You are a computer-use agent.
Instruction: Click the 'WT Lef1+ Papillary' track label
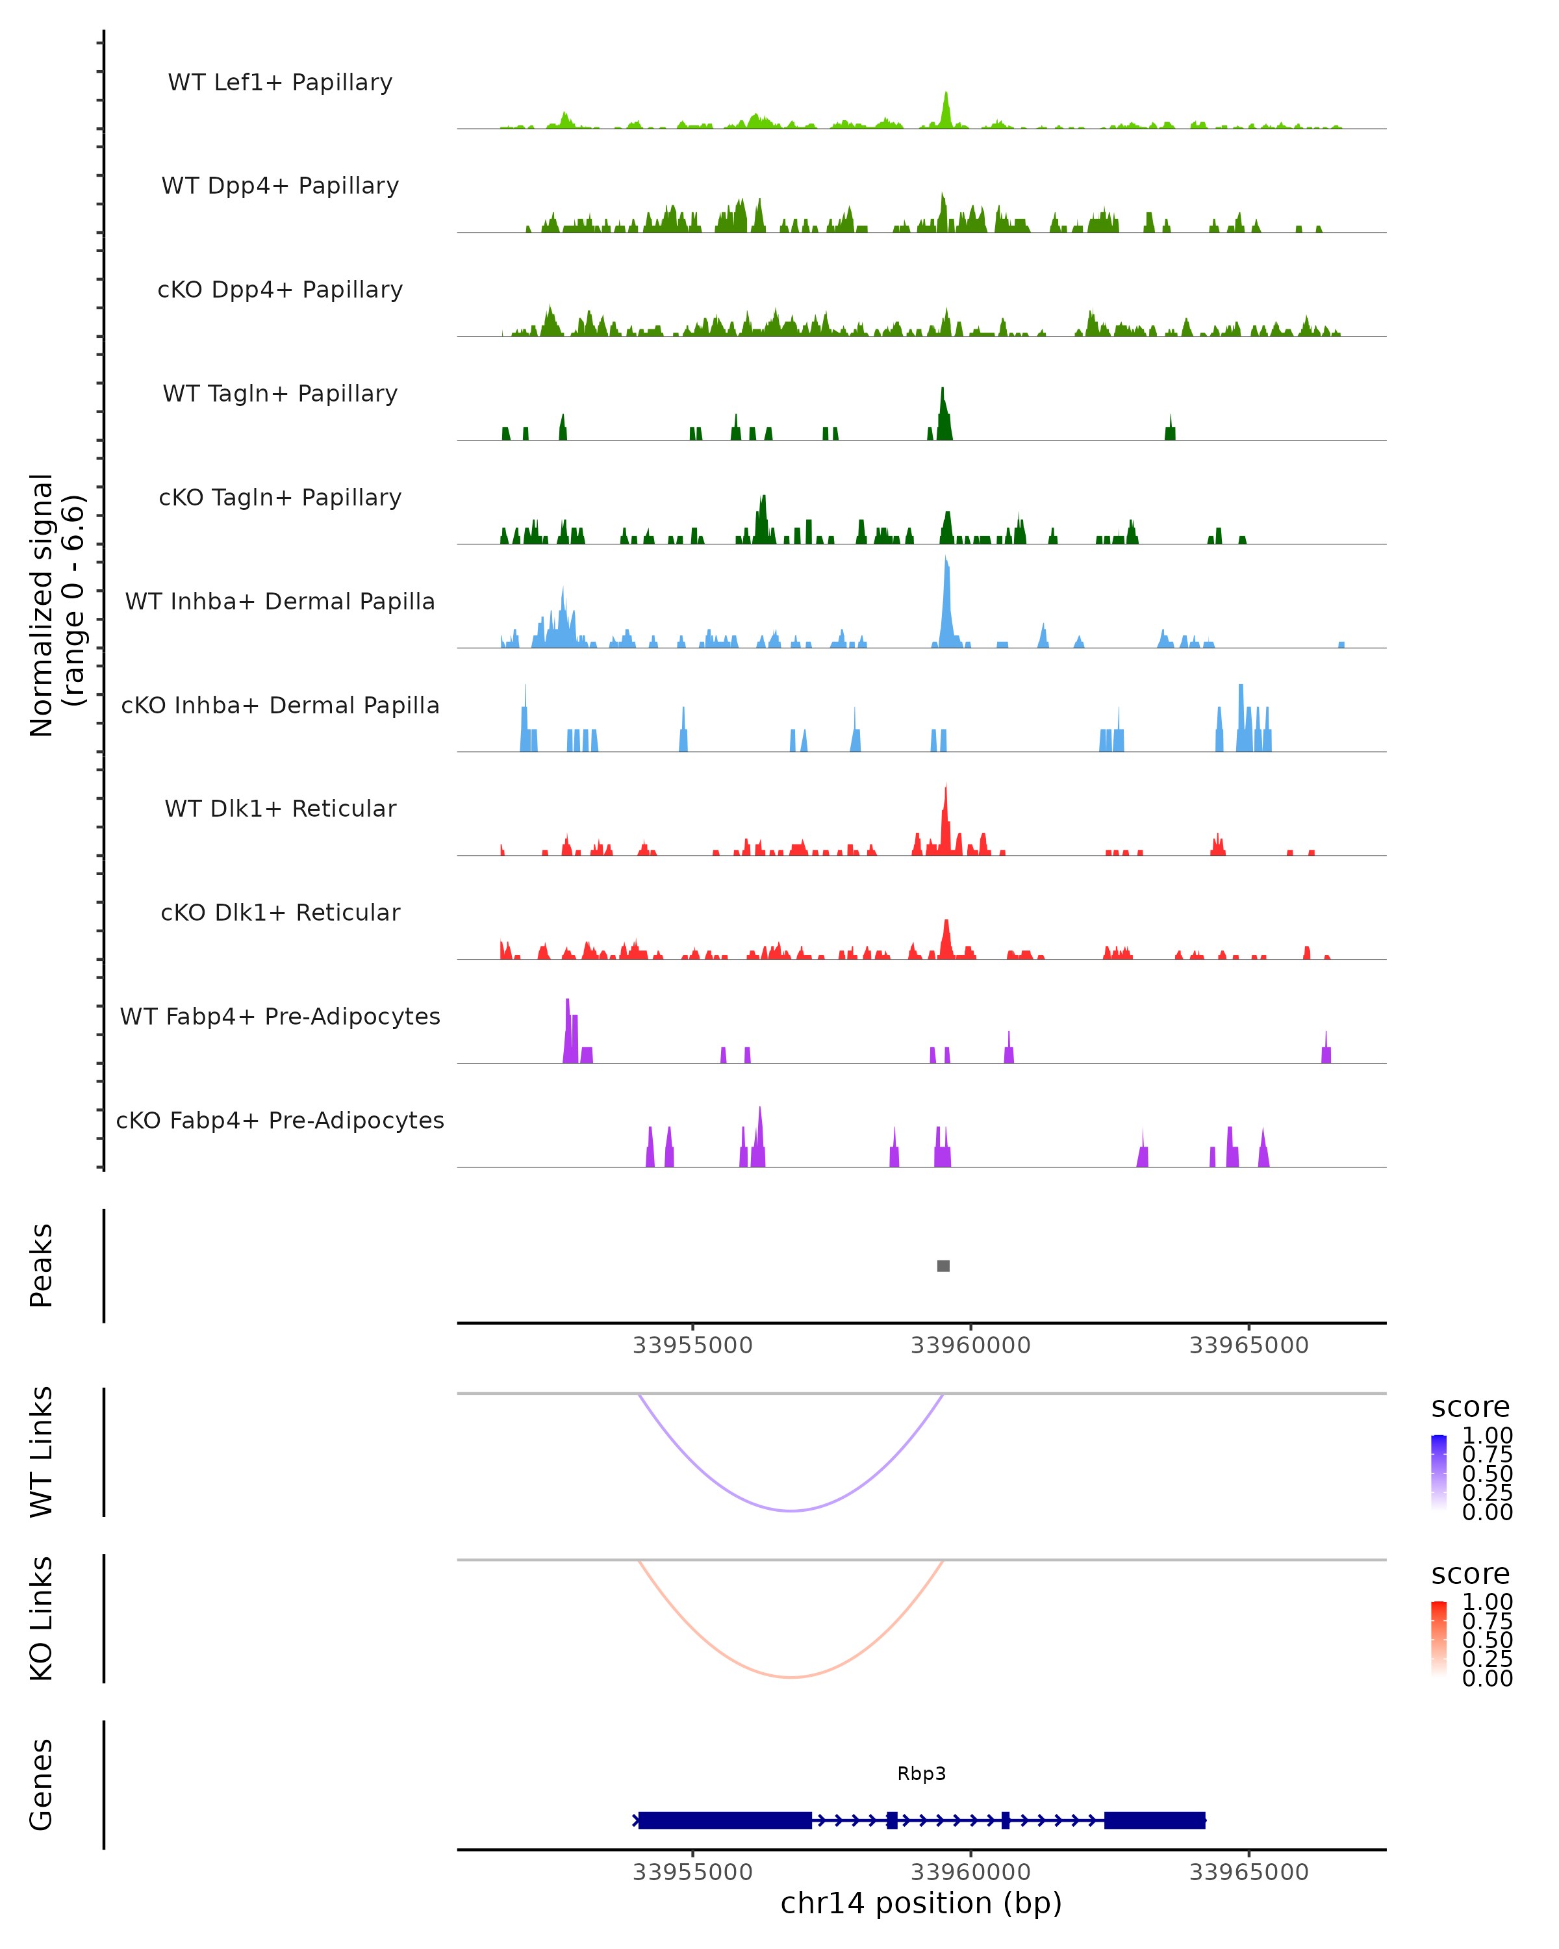280,83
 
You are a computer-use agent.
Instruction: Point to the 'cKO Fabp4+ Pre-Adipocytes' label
280,1120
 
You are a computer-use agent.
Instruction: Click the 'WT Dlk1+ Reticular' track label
280,808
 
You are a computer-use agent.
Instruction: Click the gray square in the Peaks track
944,1266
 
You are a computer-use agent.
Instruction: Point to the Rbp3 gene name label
921,1774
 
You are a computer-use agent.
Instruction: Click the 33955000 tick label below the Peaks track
692,1345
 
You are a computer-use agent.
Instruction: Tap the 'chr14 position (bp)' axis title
921,1903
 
